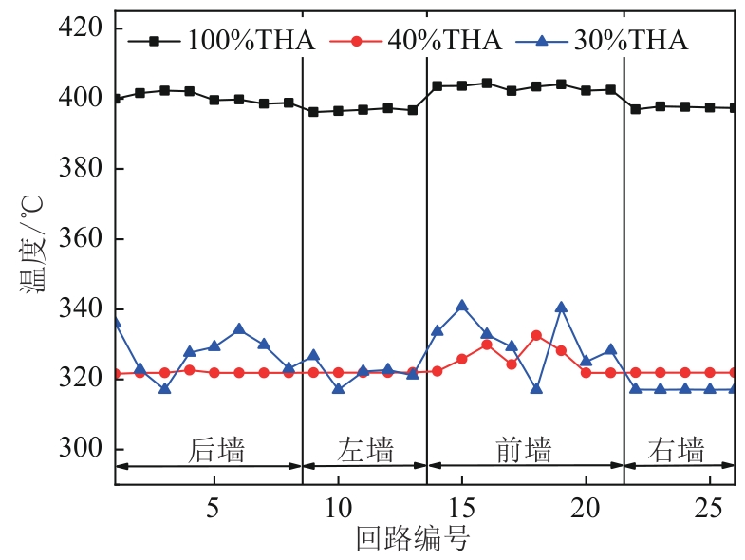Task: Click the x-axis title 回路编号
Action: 413,539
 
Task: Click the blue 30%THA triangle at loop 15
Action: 462,306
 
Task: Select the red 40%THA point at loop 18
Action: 536,335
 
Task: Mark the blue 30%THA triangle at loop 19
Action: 561,307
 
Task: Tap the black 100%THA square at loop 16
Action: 487,83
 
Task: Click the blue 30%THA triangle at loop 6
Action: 239,329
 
